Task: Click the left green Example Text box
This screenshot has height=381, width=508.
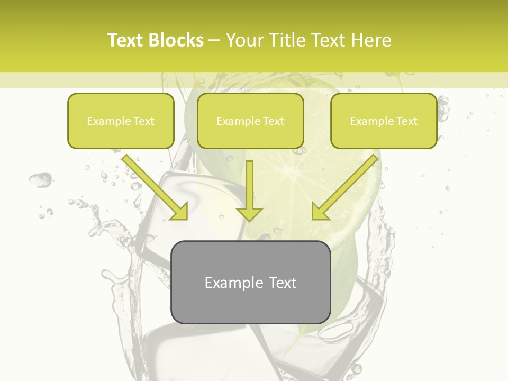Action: [x=121, y=121]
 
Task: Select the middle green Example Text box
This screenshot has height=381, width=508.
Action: [x=250, y=121]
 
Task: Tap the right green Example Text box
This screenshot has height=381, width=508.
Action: [x=384, y=121]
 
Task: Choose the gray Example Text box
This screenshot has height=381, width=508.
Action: [x=250, y=282]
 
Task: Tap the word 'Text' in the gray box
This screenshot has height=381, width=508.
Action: [x=282, y=283]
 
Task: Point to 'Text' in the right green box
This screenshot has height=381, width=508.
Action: [x=406, y=121]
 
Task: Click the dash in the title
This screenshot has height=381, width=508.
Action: [x=214, y=40]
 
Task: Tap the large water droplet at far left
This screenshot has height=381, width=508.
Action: [x=40, y=180]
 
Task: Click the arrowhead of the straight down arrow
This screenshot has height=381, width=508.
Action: [x=249, y=213]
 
